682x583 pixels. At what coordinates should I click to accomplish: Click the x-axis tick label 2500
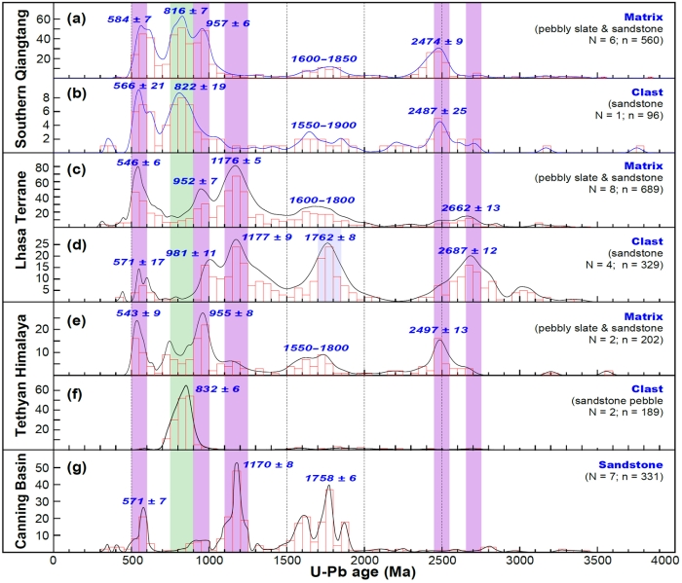tap(442, 562)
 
